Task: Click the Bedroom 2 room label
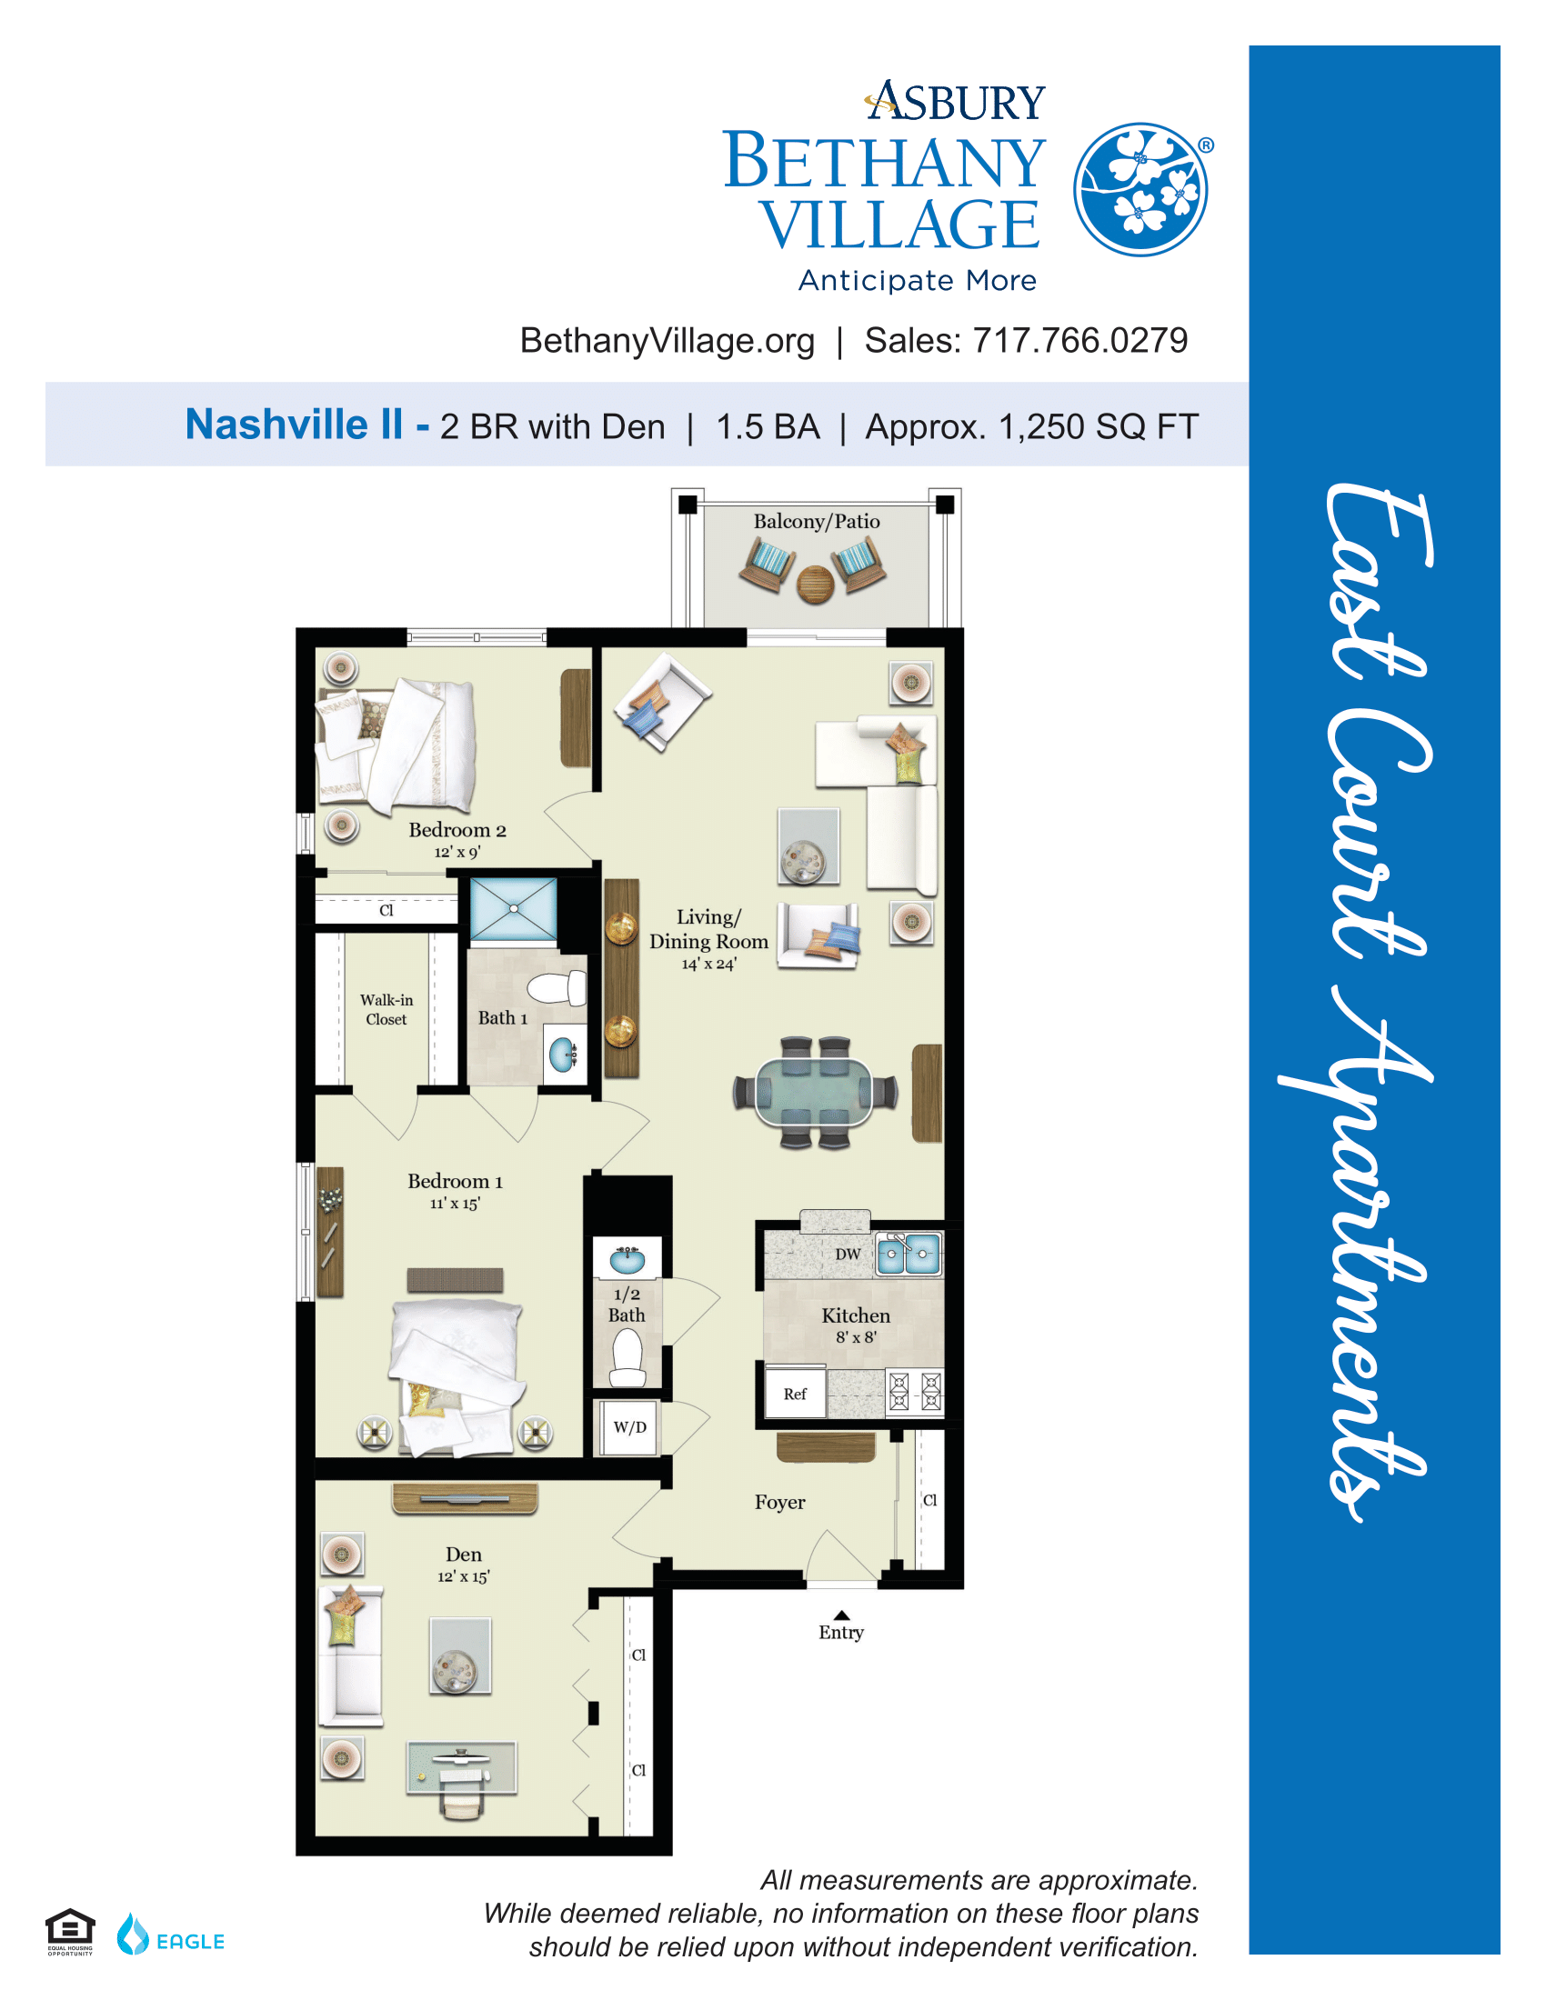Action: click(x=457, y=839)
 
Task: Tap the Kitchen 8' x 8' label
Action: click(x=856, y=1325)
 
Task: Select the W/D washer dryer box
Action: click(x=630, y=1426)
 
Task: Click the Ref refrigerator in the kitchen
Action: click(x=795, y=1393)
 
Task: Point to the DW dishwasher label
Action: click(x=848, y=1254)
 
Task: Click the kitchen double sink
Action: click(x=908, y=1254)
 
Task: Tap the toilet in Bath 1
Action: click(x=557, y=989)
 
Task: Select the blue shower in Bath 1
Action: click(x=513, y=909)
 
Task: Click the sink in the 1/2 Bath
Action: click(x=627, y=1259)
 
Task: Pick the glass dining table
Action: click(x=814, y=1092)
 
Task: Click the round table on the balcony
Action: click(x=814, y=585)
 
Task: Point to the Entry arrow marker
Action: click(x=841, y=1615)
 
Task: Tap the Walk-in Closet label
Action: click(x=386, y=1009)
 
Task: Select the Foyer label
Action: click(x=780, y=1502)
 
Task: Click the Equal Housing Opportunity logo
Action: click(x=70, y=1932)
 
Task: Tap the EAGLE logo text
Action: click(x=190, y=1942)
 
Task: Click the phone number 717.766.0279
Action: click(x=1079, y=341)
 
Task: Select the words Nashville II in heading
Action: click(x=294, y=425)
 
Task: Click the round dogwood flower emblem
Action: click(x=1140, y=190)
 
